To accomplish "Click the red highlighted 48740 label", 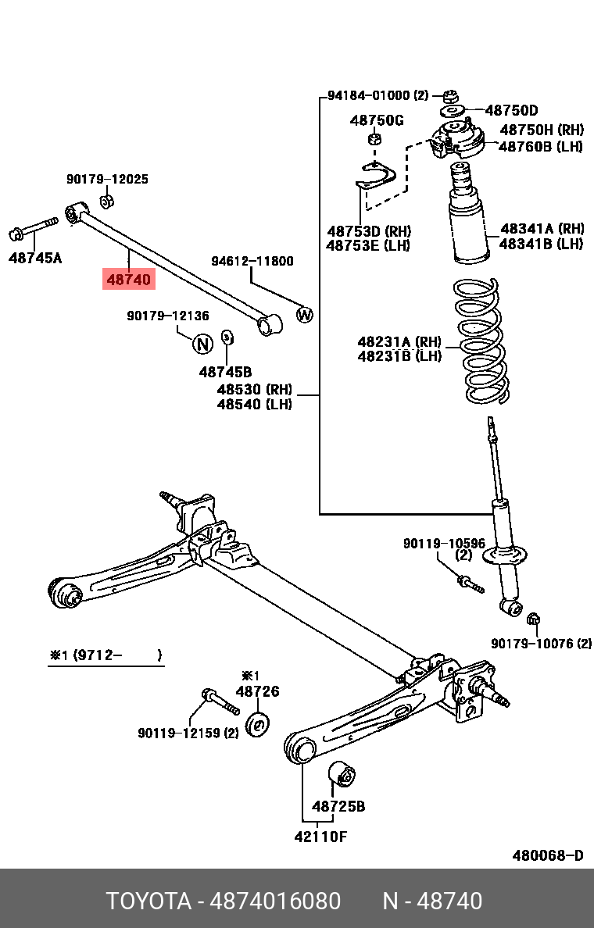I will [129, 278].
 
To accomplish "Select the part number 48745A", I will [35, 257].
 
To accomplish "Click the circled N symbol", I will [202, 343].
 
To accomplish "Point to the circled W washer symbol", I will [305, 316].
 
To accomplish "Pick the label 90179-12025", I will [107, 179].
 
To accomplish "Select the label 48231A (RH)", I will [399, 341].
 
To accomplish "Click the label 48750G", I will [377, 120].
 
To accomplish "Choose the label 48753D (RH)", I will [369, 232].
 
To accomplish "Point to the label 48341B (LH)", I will [542, 244].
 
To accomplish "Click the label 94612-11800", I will [252, 261].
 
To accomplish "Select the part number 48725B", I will [338, 806].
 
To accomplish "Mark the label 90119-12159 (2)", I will [188, 733].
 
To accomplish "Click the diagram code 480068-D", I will [547, 855].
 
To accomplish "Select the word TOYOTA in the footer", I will [148, 901].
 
